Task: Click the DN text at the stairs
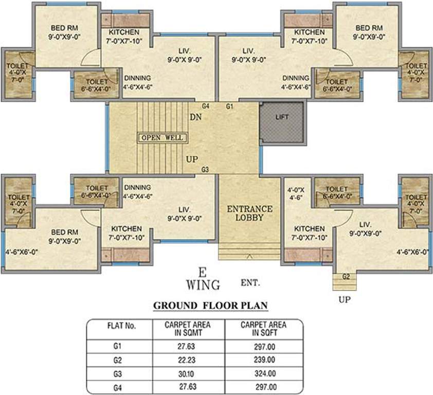[195, 117]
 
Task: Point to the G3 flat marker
[206, 170]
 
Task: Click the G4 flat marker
[206, 106]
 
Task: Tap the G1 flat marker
[229, 106]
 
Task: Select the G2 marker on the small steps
[347, 277]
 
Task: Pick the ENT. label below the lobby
[250, 282]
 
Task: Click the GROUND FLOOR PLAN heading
[211, 306]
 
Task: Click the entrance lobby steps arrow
[249, 255]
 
